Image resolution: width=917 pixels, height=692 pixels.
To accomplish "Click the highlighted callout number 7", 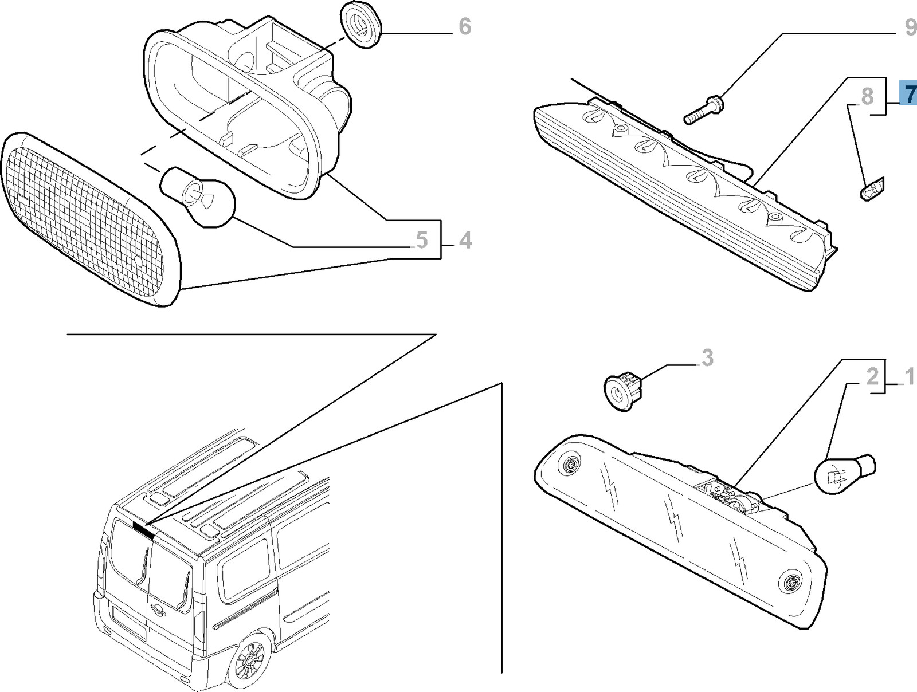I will [908, 93].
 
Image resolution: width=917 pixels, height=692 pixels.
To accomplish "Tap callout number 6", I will [465, 26].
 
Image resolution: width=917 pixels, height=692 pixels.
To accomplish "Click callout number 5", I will [422, 240].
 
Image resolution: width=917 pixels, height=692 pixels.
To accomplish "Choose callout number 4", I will [465, 240].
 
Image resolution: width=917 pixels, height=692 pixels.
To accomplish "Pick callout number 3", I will [707, 358].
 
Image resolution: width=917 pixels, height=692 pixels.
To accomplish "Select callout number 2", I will [872, 376].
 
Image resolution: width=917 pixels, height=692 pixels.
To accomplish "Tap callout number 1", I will [909, 378].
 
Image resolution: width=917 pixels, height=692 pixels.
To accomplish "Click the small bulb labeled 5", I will [198, 197].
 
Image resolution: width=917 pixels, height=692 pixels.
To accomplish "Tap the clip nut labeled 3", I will [623, 390].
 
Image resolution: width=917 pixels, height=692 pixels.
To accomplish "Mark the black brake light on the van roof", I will [144, 529].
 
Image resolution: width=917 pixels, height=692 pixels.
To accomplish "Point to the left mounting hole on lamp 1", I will [570, 465].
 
